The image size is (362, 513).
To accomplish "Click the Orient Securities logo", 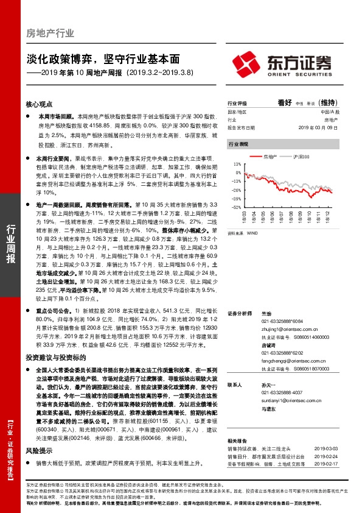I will pyautogui.click(x=282, y=63).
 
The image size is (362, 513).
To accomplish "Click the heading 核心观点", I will pyautogui.click(x=40, y=104).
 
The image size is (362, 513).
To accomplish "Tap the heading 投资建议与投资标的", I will pyautogui.click(x=55, y=358).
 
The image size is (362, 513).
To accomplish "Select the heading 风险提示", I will pyautogui.click(x=40, y=451).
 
